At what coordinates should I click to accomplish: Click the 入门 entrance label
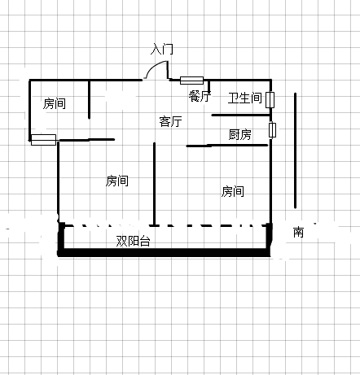click(162, 49)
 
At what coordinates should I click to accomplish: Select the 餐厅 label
click(200, 96)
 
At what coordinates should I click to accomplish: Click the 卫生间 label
click(245, 98)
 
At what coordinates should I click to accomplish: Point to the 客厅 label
click(170, 121)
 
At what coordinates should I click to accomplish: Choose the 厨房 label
click(240, 134)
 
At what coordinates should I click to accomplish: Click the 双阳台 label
click(133, 241)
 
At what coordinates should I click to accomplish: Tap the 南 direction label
click(298, 232)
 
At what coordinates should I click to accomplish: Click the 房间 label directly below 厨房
click(233, 191)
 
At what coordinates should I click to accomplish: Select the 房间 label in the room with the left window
click(55, 103)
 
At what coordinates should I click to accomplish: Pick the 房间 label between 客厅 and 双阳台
click(117, 181)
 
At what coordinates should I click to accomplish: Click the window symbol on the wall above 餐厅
click(191, 81)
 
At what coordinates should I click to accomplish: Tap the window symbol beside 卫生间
click(270, 100)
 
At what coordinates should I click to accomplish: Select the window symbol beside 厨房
click(272, 130)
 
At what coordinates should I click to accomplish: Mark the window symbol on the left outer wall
click(43, 140)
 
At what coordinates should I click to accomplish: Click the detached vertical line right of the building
click(296, 150)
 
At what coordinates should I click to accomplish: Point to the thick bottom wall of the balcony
click(165, 253)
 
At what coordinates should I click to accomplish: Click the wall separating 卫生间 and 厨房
click(240, 116)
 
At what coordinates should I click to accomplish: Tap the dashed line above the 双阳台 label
click(165, 225)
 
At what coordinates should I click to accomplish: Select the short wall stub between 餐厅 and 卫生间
click(209, 86)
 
